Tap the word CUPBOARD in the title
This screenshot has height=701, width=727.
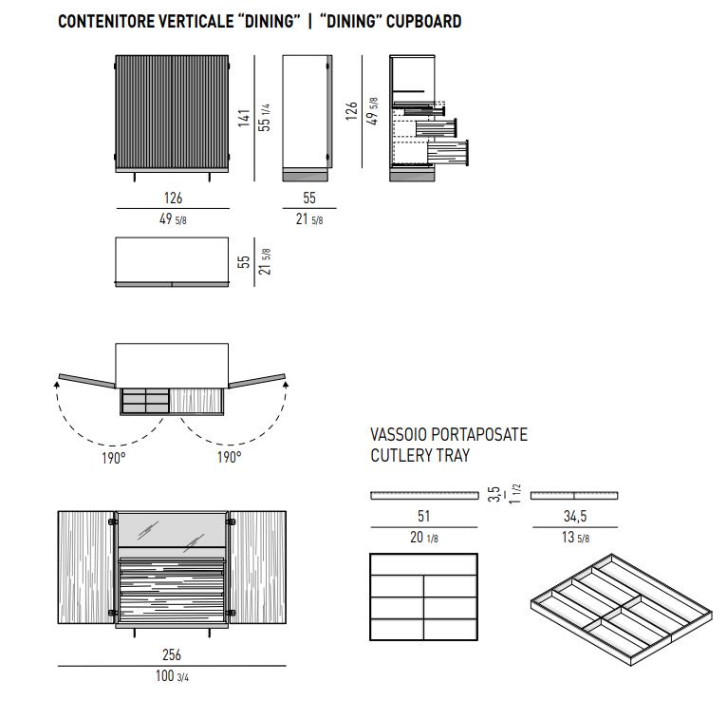[x=422, y=21]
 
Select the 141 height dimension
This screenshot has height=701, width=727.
[x=244, y=118]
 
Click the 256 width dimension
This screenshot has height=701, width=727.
[x=172, y=654]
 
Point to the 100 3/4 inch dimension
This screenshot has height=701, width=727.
[x=172, y=676]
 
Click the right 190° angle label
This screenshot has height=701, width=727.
[x=228, y=458]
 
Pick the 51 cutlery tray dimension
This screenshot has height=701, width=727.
[x=423, y=516]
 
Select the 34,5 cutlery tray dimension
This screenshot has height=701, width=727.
[x=573, y=516]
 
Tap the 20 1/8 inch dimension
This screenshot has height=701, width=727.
[x=423, y=539]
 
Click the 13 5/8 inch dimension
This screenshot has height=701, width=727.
[x=573, y=539]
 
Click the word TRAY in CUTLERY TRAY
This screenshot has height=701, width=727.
[x=453, y=456]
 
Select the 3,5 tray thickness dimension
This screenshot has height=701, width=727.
[x=494, y=494]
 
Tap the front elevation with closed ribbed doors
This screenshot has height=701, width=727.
[x=172, y=114]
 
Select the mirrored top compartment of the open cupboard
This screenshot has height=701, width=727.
[x=172, y=529]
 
